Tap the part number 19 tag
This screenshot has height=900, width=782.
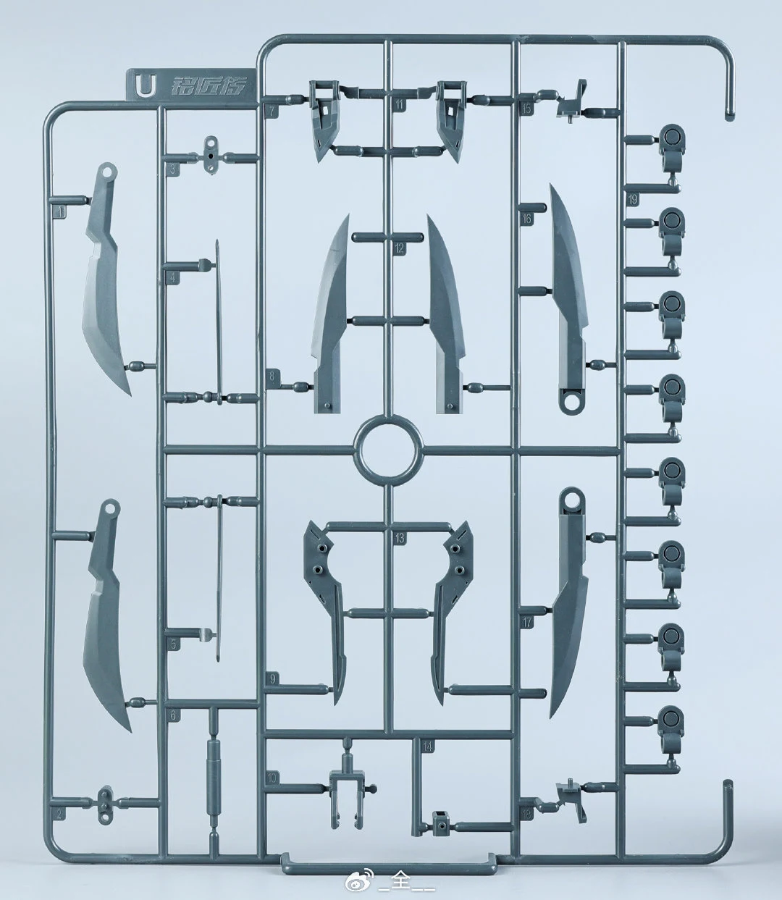633,200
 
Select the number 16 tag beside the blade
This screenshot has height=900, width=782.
526,218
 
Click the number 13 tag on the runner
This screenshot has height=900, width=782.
400,538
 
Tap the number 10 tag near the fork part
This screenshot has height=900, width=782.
272,777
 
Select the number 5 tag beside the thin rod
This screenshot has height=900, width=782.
172,643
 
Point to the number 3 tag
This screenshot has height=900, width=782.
172,171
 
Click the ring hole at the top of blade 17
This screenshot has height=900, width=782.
572,499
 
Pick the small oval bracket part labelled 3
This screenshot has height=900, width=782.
211,155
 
